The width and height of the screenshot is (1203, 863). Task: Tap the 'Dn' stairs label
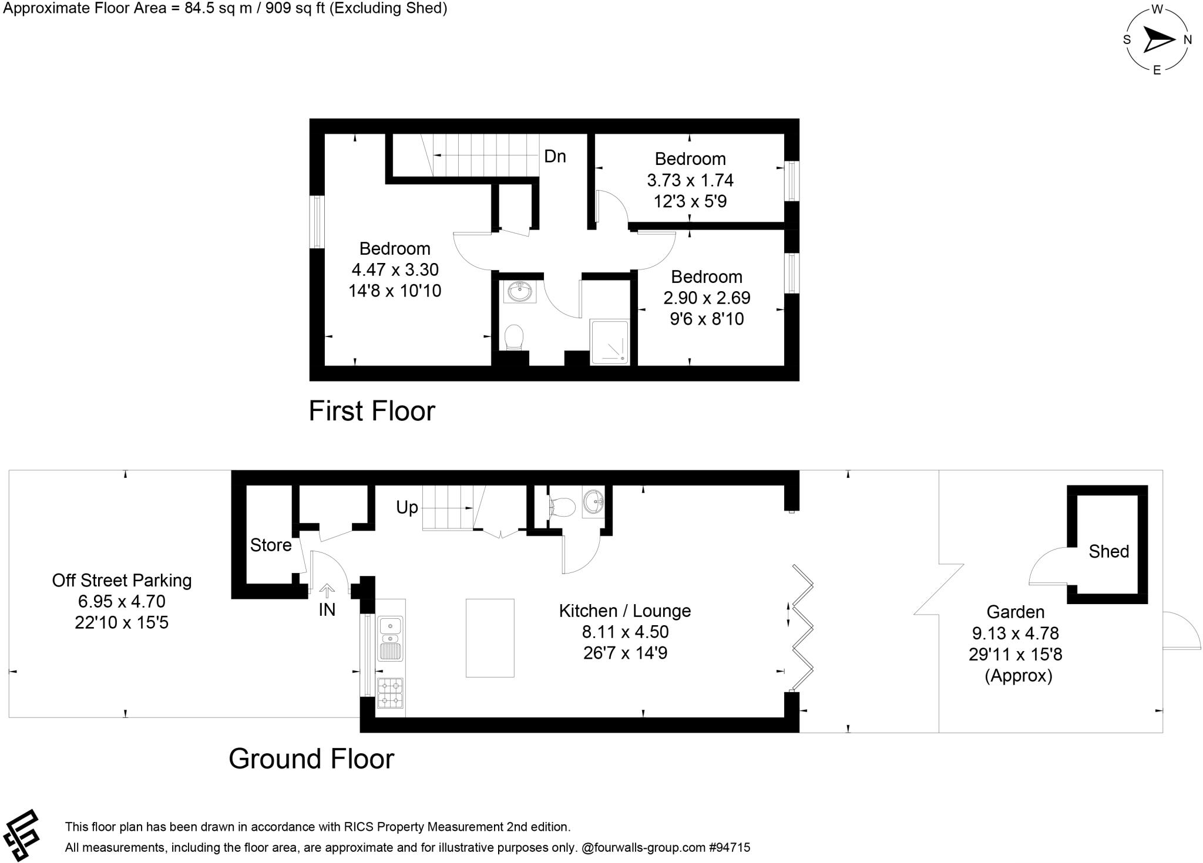(x=555, y=156)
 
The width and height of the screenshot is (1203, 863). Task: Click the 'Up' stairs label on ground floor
(x=406, y=507)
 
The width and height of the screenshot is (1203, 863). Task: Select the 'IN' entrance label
(x=327, y=610)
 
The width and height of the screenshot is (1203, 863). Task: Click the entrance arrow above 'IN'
(x=327, y=590)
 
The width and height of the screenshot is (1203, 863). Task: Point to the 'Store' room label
(x=271, y=545)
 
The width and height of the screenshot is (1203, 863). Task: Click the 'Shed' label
(x=1108, y=551)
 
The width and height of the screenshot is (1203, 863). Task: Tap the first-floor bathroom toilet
(x=514, y=338)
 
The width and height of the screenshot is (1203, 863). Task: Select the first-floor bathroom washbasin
(x=520, y=291)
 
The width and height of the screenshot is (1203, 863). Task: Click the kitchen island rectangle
(x=490, y=638)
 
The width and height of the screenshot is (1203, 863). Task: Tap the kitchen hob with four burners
(x=390, y=693)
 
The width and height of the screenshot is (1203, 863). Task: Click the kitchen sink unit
(x=390, y=639)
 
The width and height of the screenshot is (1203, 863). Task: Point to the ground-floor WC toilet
(x=563, y=506)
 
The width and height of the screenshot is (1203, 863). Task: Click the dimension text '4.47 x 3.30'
(x=395, y=269)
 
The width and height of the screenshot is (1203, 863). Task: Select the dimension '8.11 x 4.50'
(x=625, y=632)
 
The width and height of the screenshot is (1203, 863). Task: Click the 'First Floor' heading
(x=372, y=411)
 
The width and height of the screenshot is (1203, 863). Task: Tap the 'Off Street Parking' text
(x=122, y=581)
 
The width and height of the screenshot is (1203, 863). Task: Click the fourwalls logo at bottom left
(x=22, y=834)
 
